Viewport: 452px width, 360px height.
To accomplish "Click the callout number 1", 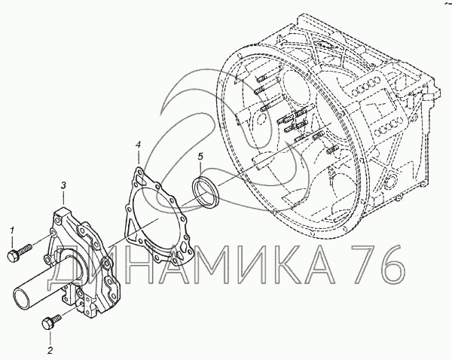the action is (12, 230).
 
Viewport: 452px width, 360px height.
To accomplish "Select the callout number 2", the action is (50, 350).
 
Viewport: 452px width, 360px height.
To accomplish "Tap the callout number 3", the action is (64, 185).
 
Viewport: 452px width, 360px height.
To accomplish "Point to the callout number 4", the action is (139, 145).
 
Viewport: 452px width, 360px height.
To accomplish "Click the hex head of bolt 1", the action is (13, 256).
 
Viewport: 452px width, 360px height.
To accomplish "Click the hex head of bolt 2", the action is (47, 323).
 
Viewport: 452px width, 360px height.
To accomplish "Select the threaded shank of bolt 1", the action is (24, 249).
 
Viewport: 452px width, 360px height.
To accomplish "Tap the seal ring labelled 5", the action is (206, 192).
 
